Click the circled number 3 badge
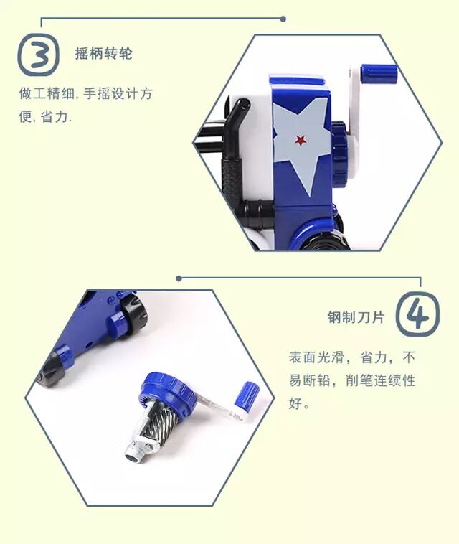tap(38, 55)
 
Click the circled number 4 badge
tap(417, 314)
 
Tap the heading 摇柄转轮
tap(104, 54)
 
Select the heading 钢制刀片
tap(356, 317)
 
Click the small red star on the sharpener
tap(301, 140)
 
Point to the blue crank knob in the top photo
tap(379, 73)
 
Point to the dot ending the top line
tap(283, 19)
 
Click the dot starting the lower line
tap(179, 278)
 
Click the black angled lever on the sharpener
tap(237, 129)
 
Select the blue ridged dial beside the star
tap(340, 152)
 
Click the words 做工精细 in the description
tap(45, 94)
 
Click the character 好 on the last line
tap(295, 403)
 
